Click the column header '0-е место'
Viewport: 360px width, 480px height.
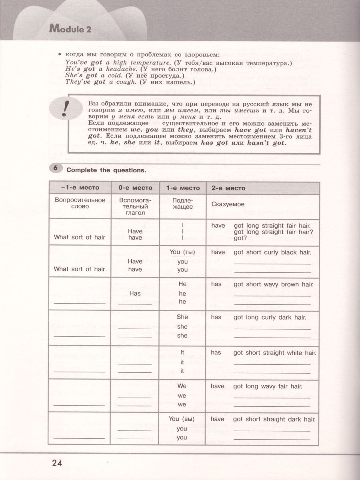coord(135,188)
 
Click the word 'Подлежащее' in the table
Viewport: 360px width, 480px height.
coord(182,204)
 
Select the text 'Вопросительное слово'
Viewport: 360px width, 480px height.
coord(80,203)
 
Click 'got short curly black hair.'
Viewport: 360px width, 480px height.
coord(272,252)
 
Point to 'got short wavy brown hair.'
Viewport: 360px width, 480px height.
coord(274,284)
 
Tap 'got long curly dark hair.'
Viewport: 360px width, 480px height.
coord(270,317)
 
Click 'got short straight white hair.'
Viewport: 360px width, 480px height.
coord(275,353)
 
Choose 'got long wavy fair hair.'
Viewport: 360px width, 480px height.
coord(268,386)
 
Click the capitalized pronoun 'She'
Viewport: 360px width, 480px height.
coord(182,317)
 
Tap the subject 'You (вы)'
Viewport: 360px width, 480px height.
coord(182,419)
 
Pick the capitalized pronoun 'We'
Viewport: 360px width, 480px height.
coord(182,386)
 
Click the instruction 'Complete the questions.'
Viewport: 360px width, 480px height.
coord(106,170)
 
